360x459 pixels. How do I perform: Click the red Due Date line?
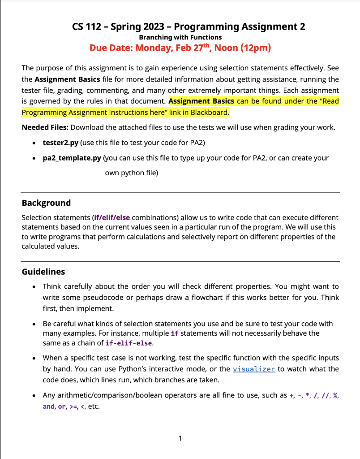coord(180,48)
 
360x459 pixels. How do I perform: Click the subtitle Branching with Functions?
coord(180,37)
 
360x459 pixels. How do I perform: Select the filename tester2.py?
coord(60,143)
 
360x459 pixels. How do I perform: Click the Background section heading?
coord(46,203)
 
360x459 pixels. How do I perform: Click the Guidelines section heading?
coord(43,272)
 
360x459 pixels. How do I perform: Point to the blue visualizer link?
coord(253,369)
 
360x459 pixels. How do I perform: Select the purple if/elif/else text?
coord(111,217)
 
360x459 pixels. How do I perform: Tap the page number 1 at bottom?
coord(180,438)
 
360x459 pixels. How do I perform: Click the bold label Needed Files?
coord(45,127)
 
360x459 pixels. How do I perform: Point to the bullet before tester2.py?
coord(34,143)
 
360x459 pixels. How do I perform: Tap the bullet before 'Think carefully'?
coord(34,286)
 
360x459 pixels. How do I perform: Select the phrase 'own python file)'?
coord(131,173)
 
